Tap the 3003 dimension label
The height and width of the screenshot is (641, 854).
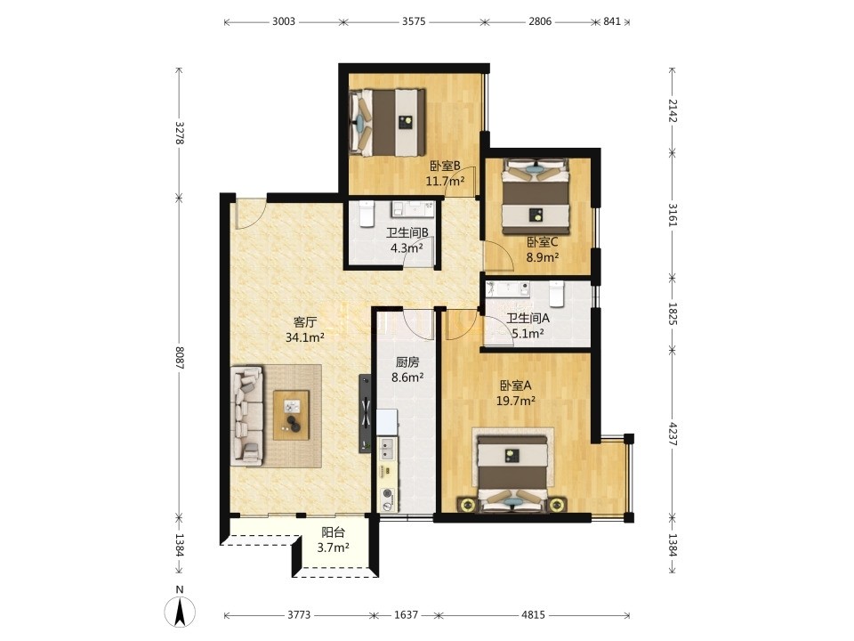click(x=283, y=21)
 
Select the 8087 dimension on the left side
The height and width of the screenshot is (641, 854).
click(x=180, y=358)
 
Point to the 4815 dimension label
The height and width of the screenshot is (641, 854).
click(x=533, y=615)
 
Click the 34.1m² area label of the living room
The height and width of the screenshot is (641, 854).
click(x=305, y=338)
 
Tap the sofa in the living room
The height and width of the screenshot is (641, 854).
click(x=246, y=416)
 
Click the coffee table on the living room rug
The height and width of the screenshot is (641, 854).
click(x=292, y=415)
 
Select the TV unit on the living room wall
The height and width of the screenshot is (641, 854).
click(x=365, y=413)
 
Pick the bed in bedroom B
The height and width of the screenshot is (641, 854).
click(x=387, y=123)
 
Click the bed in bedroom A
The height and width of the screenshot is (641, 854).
click(x=513, y=474)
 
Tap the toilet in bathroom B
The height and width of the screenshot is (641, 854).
click(x=366, y=214)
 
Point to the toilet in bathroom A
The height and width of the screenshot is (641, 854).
click(x=556, y=293)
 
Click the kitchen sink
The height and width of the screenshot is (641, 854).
click(x=387, y=449)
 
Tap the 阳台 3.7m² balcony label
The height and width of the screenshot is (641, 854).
click(x=333, y=540)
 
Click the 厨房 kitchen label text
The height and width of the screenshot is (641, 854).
click(x=407, y=362)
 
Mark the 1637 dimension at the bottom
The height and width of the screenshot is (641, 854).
click(x=406, y=615)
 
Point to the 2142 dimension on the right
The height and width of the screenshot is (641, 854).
click(x=673, y=111)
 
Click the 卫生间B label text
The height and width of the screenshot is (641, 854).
click(x=407, y=233)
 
